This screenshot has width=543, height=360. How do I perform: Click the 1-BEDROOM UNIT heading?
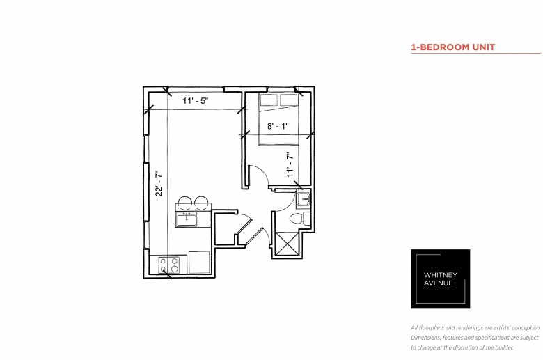453,47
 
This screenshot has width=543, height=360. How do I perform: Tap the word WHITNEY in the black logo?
441,275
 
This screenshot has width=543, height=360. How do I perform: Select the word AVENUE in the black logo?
439,283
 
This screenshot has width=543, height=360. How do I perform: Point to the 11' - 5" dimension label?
196,101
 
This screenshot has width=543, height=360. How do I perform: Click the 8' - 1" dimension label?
278,126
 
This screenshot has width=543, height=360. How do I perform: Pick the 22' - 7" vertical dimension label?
159,183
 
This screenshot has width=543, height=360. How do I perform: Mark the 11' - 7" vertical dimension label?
290,165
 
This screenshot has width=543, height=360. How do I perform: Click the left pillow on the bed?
269,100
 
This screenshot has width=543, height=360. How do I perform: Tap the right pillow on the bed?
288,100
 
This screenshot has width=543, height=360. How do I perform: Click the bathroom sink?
304,199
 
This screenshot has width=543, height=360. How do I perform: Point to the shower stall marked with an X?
287,244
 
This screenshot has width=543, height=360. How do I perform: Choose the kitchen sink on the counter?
187,219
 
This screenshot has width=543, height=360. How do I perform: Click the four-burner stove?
168,265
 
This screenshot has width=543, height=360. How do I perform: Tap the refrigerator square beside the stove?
199,263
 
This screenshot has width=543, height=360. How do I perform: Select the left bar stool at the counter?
185,203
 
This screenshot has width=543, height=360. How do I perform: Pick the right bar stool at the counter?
201,203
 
